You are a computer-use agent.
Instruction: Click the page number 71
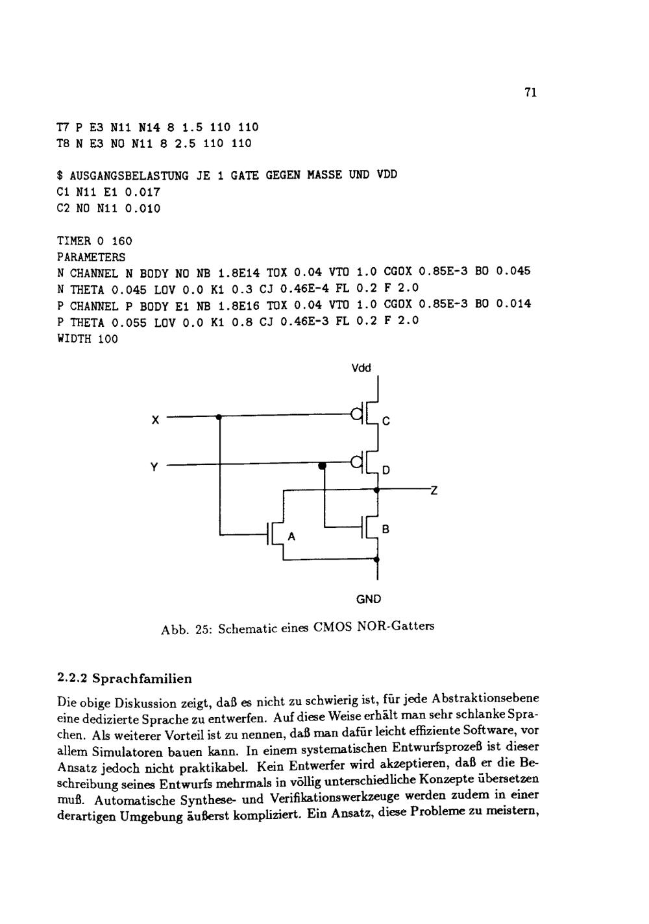point(530,93)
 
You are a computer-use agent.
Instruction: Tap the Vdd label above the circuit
point(361,368)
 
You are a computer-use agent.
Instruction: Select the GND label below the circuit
point(369,599)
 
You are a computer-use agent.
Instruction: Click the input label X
point(155,420)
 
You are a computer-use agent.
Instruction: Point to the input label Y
point(154,467)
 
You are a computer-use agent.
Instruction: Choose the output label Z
point(434,491)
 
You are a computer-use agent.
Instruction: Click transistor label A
point(291,537)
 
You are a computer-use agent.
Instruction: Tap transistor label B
point(386,530)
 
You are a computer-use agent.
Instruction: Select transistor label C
point(386,421)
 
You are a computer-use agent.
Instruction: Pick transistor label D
point(386,470)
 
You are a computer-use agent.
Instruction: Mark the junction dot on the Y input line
point(323,465)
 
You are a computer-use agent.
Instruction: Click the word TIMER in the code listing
point(73,241)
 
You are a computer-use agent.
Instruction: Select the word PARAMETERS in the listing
point(91,257)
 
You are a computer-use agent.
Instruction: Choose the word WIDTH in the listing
point(73,338)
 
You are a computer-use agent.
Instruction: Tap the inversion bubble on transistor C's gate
point(356,413)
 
